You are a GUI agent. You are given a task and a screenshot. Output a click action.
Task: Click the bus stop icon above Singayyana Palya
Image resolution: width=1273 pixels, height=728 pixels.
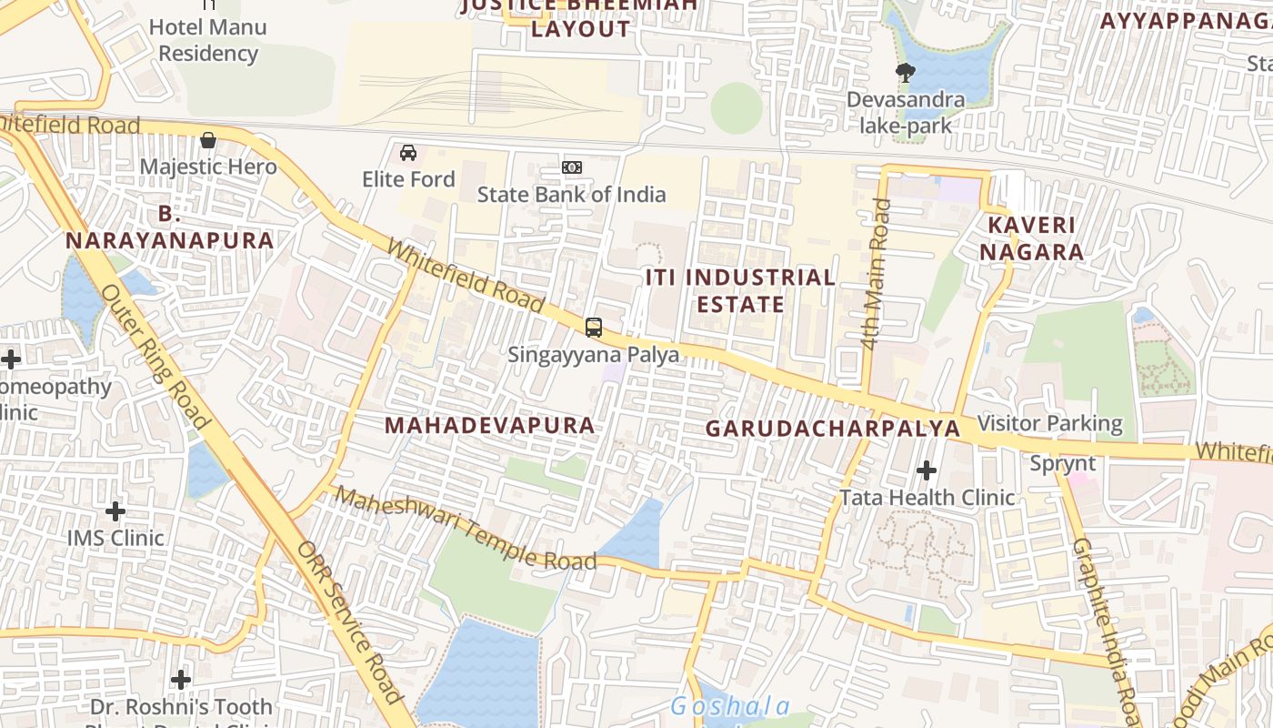pyautogui.click(x=594, y=328)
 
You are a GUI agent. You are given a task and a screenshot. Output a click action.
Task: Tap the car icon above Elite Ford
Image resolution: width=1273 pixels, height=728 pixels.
pyautogui.click(x=408, y=152)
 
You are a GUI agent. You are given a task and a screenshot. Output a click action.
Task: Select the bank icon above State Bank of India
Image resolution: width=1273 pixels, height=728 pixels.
pyautogui.click(x=572, y=167)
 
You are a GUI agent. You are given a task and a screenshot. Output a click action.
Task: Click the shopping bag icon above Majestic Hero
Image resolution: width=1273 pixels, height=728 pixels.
pyautogui.click(x=208, y=140)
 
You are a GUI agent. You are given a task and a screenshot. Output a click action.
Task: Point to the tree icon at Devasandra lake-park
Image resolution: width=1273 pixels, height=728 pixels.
pyautogui.click(x=905, y=72)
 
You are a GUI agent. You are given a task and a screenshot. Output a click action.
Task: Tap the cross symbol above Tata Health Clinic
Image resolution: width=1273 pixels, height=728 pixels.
pyautogui.click(x=927, y=470)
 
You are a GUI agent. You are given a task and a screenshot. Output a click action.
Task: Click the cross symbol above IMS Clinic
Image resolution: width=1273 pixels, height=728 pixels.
pyautogui.click(x=115, y=511)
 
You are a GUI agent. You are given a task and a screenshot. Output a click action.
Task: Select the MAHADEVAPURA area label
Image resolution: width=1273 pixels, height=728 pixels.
pyautogui.click(x=490, y=425)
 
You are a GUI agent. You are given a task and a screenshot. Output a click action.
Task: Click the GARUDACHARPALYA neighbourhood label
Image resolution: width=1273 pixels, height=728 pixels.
pyautogui.click(x=833, y=428)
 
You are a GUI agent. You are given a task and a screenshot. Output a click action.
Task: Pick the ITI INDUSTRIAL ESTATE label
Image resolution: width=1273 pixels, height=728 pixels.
pyautogui.click(x=740, y=290)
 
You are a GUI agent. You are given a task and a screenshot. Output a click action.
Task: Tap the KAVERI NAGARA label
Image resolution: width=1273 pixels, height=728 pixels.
pyautogui.click(x=1032, y=238)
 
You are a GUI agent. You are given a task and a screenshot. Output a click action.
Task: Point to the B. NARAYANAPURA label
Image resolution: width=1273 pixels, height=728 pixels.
pyautogui.click(x=169, y=227)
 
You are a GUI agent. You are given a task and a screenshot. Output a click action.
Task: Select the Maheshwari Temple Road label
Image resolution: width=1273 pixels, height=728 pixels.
pyautogui.click(x=466, y=529)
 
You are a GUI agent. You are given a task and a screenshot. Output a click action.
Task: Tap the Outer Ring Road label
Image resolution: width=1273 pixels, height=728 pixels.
pyautogui.click(x=155, y=356)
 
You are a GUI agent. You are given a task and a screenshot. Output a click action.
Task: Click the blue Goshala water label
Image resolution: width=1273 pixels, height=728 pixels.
pyautogui.click(x=730, y=706)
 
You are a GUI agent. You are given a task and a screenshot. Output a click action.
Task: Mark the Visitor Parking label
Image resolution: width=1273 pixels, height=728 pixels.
pyautogui.click(x=1049, y=423)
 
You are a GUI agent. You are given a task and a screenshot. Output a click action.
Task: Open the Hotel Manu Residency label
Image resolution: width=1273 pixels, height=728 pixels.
pyautogui.click(x=208, y=40)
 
